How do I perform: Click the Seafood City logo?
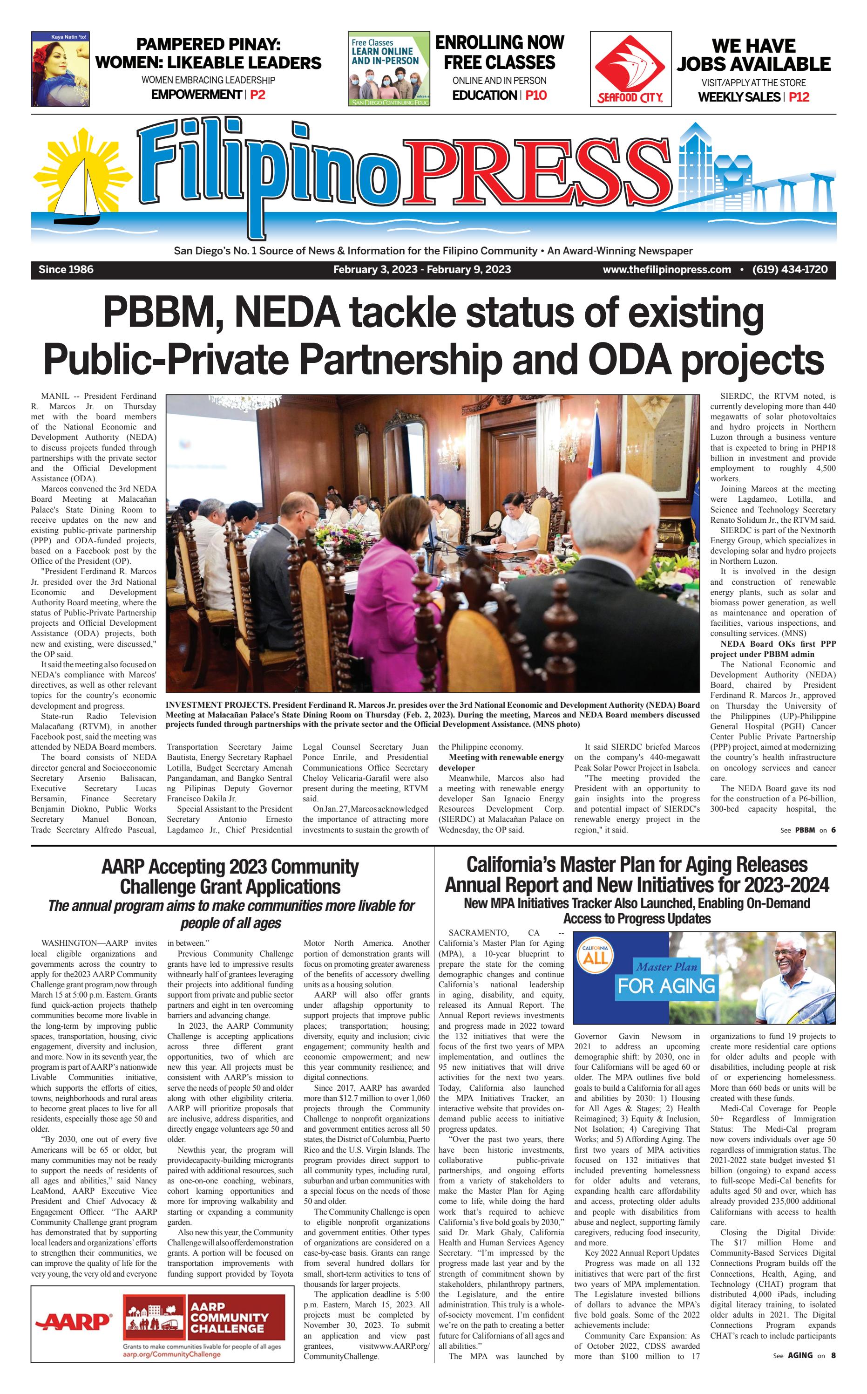(630, 69)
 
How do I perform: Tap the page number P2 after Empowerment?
(257, 95)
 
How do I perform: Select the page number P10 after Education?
(535, 95)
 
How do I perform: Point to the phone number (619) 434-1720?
(790, 270)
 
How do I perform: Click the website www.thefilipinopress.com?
(666, 270)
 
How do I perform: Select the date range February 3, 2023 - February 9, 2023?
(421, 270)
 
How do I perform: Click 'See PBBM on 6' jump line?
(807, 830)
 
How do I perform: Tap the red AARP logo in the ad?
(74, 1322)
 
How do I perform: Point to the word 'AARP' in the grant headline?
(122, 867)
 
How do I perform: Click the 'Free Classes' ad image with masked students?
(389, 69)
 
